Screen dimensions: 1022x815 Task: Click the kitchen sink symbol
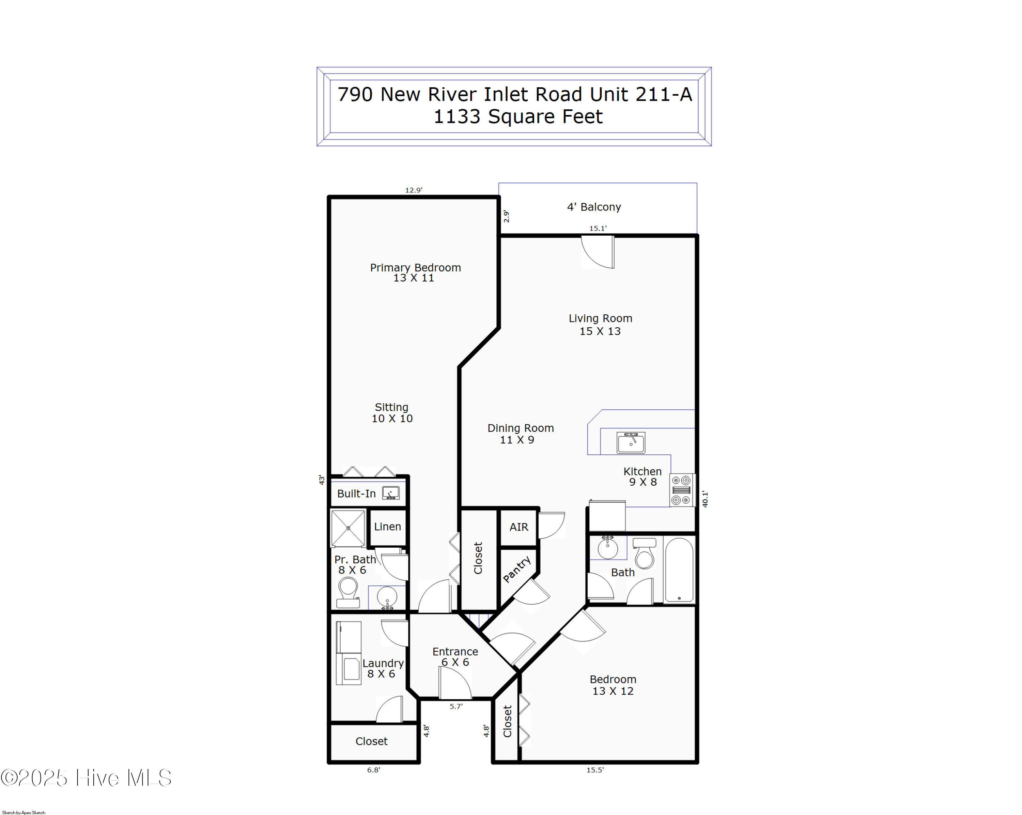[631, 442]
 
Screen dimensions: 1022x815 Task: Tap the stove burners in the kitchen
[682, 490]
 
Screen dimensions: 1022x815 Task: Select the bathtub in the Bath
[679, 570]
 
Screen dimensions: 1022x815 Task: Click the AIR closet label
[518, 527]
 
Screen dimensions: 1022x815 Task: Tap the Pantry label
[517, 569]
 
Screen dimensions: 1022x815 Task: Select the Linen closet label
[387, 527]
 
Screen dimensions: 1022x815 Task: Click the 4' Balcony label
[594, 207]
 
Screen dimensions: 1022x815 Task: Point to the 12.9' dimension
[413, 190]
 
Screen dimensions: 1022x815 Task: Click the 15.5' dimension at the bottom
[595, 770]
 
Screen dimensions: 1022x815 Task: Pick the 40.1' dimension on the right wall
[705, 499]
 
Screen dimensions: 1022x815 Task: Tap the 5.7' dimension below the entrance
[456, 706]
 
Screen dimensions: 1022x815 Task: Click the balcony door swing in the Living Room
[598, 252]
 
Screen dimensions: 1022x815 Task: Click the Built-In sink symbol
[391, 493]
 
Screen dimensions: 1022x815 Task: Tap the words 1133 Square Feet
[518, 116]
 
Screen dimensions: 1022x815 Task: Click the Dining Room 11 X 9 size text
[517, 440]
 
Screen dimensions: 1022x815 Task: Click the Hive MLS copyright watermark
[86, 778]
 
